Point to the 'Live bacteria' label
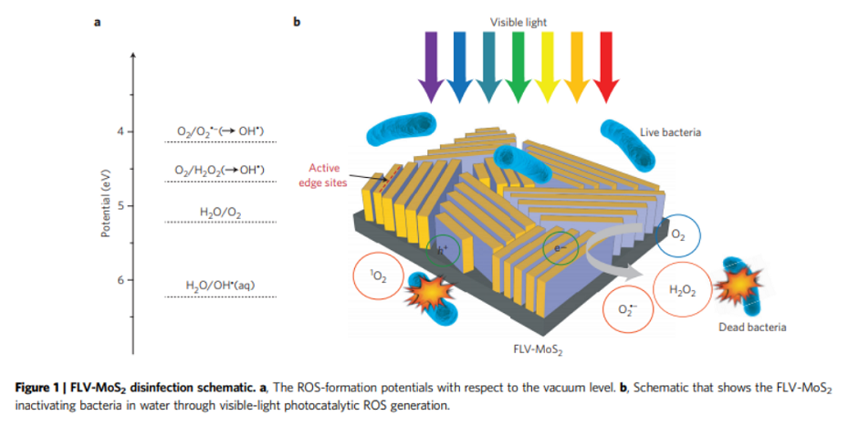(x=676, y=132)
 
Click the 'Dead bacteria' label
(x=751, y=327)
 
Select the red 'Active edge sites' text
(x=323, y=174)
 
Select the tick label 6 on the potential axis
(x=120, y=279)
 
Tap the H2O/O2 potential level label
(x=220, y=213)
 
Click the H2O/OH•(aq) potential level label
(x=220, y=286)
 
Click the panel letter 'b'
(x=296, y=22)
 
